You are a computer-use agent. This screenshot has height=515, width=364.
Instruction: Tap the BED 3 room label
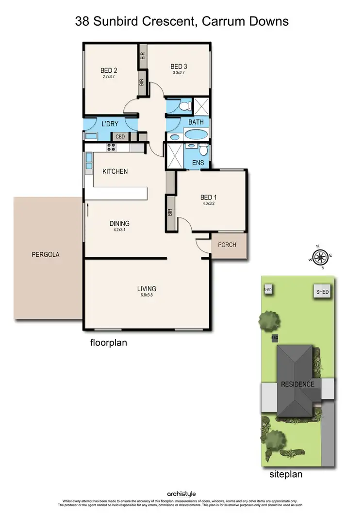click(179, 66)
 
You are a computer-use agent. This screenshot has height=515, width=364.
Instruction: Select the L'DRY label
click(110, 124)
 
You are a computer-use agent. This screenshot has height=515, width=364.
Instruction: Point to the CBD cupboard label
click(120, 137)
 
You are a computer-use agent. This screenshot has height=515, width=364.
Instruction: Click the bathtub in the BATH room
click(195, 134)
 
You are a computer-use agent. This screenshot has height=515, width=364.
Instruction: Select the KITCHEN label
click(115, 171)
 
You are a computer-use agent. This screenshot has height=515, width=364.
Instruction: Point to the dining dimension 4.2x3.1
click(119, 231)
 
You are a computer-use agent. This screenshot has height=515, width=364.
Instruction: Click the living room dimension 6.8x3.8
click(146, 295)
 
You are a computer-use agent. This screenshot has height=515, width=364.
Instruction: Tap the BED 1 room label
click(206, 197)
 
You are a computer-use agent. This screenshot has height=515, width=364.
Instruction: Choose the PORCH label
click(227, 245)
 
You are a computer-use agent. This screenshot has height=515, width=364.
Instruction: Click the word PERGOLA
click(45, 254)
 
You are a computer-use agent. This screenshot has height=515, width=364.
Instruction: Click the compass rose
click(320, 258)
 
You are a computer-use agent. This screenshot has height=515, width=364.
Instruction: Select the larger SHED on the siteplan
click(322, 292)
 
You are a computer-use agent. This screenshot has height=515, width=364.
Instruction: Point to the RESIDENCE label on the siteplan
click(298, 384)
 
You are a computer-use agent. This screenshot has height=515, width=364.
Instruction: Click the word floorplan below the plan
click(109, 342)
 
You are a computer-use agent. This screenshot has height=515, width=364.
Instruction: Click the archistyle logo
click(182, 494)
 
